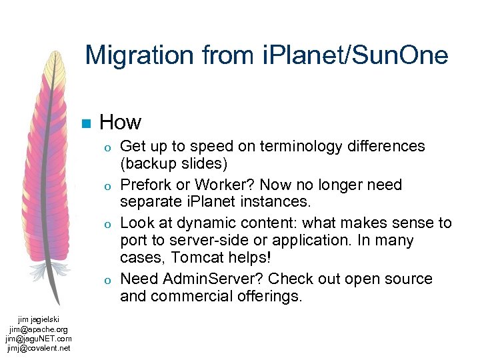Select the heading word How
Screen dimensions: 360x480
coord(120,122)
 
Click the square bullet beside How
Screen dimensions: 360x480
coord(85,123)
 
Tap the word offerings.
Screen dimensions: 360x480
coord(269,296)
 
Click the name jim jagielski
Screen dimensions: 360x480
coord(38,321)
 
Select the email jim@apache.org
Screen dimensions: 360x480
coord(38,329)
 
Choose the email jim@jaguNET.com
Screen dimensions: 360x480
coord(38,339)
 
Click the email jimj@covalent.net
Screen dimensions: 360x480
coord(38,347)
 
